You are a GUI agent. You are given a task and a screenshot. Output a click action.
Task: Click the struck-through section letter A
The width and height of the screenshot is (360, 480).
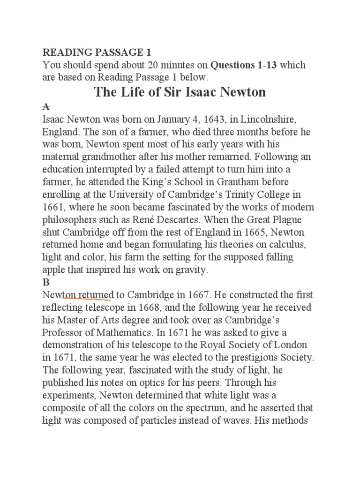tap(46, 107)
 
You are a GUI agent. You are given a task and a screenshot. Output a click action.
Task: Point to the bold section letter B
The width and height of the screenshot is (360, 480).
tap(46, 282)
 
